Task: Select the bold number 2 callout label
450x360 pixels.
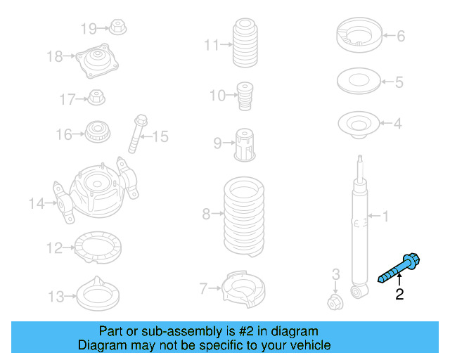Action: click(399, 295)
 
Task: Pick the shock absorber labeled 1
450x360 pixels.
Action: click(359, 225)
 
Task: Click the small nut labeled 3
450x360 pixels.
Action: click(335, 302)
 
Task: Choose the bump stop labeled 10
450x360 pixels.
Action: click(245, 96)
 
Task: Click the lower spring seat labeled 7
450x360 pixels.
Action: click(244, 288)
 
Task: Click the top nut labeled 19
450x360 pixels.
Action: click(117, 29)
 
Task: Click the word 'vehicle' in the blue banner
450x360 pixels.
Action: click(309, 345)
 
